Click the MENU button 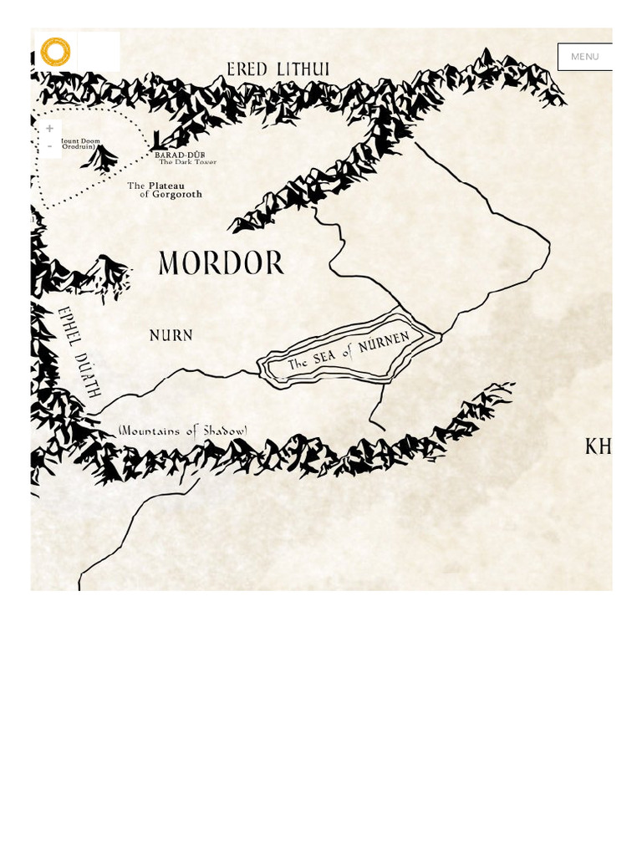point(584,57)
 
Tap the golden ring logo point(56,52)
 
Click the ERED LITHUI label point(278,69)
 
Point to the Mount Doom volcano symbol point(100,157)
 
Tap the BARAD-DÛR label point(180,155)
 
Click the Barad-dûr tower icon point(157,141)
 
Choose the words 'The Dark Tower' point(188,162)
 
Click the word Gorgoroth point(177,195)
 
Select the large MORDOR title point(222,263)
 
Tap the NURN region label point(171,335)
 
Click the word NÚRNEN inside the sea point(384,344)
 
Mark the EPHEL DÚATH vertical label point(79,351)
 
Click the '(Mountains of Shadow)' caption point(183,431)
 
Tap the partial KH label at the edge point(599,447)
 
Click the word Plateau point(166,186)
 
